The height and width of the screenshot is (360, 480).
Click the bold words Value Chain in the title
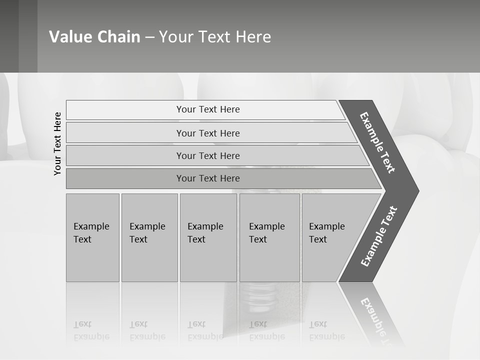pyautogui.click(x=94, y=37)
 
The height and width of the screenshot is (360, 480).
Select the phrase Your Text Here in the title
pyautogui.click(x=215, y=37)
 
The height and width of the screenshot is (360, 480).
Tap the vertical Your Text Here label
pyautogui.click(x=57, y=144)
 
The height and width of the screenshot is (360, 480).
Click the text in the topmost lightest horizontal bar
pyautogui.click(x=208, y=109)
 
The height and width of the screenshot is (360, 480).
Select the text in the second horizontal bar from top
pyautogui.click(x=208, y=133)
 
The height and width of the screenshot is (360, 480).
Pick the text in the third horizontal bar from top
pyautogui.click(x=208, y=155)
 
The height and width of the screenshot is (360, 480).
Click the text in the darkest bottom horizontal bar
pyautogui.click(x=208, y=178)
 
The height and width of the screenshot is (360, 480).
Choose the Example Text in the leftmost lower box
pyautogui.click(x=91, y=233)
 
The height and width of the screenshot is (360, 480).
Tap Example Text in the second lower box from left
pyautogui.click(x=147, y=233)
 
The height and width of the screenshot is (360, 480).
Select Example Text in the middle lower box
pyautogui.click(x=205, y=233)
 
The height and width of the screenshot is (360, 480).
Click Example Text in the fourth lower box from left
pyautogui.click(x=266, y=233)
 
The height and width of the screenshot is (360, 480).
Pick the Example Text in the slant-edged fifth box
pyautogui.click(x=326, y=233)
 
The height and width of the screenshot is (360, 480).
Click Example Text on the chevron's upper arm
pyautogui.click(x=377, y=142)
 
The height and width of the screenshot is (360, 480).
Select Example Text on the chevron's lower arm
pyautogui.click(x=379, y=236)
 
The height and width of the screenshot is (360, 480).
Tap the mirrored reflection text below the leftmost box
pyautogui.click(x=91, y=330)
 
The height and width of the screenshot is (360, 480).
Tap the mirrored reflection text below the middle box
pyautogui.click(x=205, y=330)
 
